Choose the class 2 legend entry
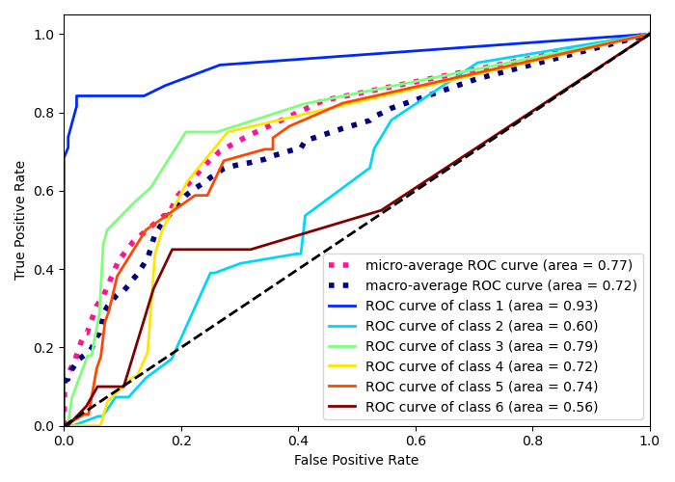(x=481, y=326)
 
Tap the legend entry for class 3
(x=481, y=346)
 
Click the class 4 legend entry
(x=481, y=366)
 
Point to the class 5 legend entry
(x=481, y=387)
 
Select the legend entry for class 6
(x=481, y=407)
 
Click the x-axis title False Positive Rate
(x=357, y=461)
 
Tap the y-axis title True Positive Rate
(x=20, y=220)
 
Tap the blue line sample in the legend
(x=344, y=306)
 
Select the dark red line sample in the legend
(x=344, y=407)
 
